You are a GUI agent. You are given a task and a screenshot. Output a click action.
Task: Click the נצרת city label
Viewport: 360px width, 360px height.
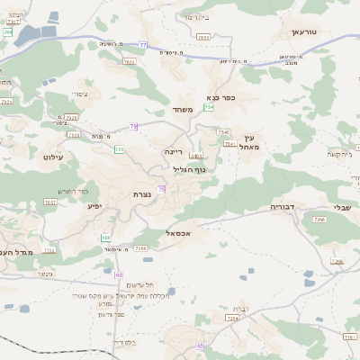(x=141, y=194)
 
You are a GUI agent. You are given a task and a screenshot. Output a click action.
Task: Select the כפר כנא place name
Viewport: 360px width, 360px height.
(x=220, y=97)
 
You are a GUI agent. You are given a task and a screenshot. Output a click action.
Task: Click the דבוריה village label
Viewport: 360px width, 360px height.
(x=284, y=207)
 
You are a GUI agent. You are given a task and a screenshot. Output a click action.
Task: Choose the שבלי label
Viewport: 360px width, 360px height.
(x=342, y=206)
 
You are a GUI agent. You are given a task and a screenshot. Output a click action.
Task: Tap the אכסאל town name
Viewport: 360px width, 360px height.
(x=181, y=233)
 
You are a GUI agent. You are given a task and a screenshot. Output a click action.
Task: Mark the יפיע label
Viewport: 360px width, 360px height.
(x=94, y=206)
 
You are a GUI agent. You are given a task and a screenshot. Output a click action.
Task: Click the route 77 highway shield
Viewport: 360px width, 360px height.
(x=143, y=44)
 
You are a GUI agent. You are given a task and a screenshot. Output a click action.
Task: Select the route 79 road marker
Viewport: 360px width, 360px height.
(x=134, y=127)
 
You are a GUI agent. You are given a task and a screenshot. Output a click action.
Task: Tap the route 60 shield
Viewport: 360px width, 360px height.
(x=119, y=274)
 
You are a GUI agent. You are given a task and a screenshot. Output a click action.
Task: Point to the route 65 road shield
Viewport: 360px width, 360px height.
(x=202, y=346)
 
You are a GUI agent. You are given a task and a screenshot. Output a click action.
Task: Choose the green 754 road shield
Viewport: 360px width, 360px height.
(x=209, y=107)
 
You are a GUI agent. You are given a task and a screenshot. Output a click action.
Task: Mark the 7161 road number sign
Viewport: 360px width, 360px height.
(x=139, y=247)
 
